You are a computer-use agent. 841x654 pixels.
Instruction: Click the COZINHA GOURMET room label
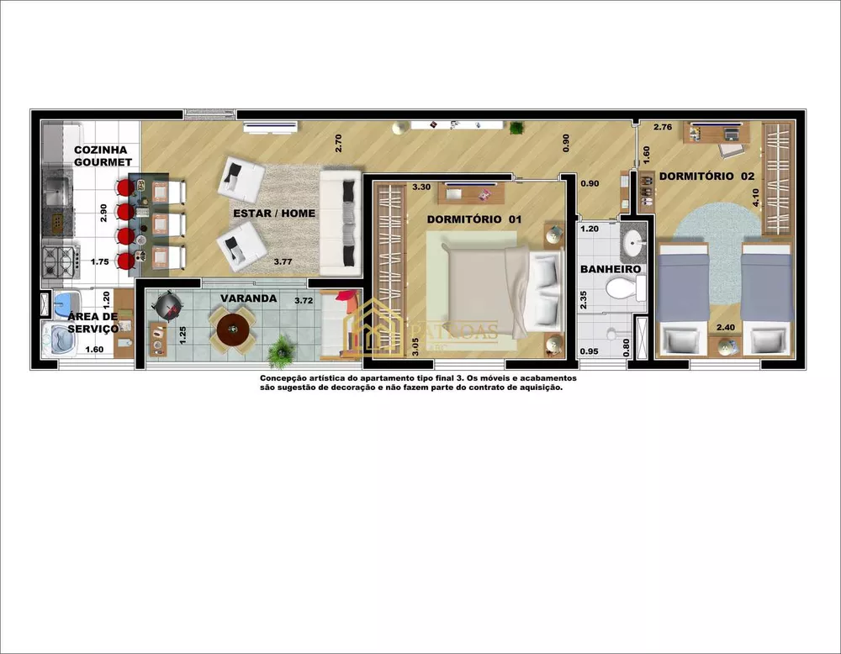[x=102, y=156]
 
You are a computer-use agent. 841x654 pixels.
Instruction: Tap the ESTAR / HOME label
[x=274, y=214]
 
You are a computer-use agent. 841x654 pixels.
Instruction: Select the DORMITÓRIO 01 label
[x=474, y=219]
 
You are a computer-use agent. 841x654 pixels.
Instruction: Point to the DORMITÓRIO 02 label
[x=706, y=177]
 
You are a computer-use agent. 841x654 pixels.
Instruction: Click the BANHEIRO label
[x=611, y=269]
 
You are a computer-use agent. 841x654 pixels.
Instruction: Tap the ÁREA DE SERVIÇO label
[x=93, y=322]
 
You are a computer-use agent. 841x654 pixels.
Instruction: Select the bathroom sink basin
[x=633, y=244]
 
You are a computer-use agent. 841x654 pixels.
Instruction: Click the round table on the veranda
[x=233, y=330]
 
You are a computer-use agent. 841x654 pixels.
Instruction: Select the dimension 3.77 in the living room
[x=283, y=261]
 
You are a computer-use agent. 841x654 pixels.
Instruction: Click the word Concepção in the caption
[x=287, y=379]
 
